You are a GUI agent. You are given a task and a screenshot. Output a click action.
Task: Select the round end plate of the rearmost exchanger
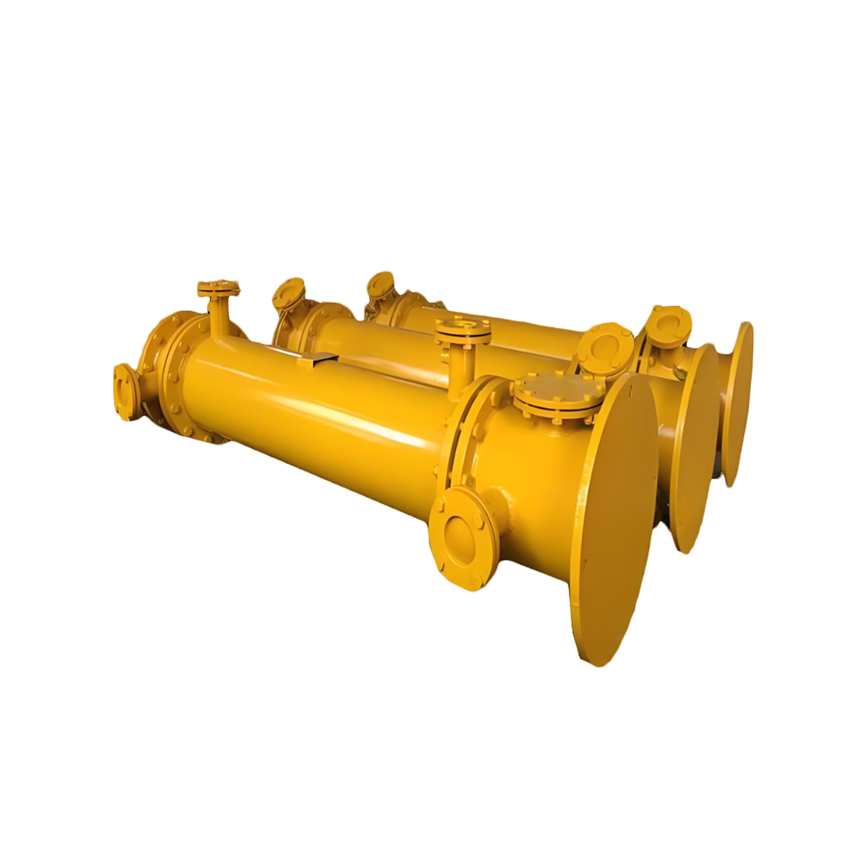click(x=737, y=403)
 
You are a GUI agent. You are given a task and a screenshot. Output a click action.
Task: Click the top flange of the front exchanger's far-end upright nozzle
click(x=219, y=288)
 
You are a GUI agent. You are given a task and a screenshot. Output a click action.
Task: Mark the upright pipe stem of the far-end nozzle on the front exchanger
click(x=221, y=315)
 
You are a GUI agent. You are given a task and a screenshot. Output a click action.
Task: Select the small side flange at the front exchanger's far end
click(x=125, y=391)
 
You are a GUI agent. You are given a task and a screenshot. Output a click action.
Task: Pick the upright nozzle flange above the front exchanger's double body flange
click(x=463, y=328)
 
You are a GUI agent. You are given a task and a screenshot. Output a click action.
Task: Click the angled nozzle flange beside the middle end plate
click(x=605, y=348)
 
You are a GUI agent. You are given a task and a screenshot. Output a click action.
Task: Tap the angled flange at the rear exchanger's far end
click(x=379, y=285)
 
